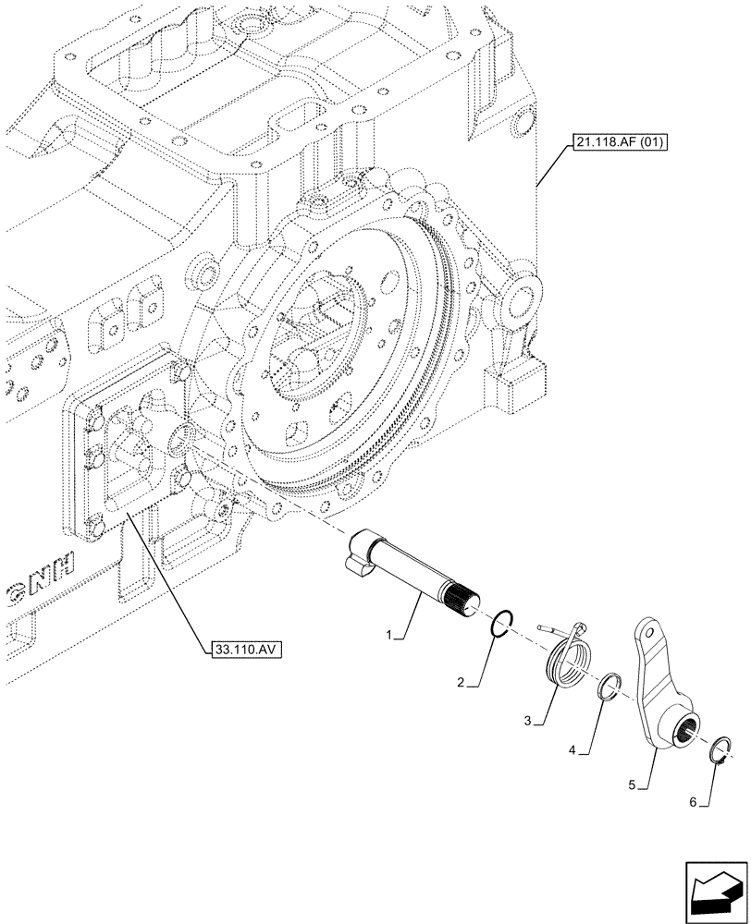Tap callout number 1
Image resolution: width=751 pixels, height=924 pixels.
click(x=391, y=636)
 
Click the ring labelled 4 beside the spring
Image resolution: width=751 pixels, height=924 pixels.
click(x=609, y=687)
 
